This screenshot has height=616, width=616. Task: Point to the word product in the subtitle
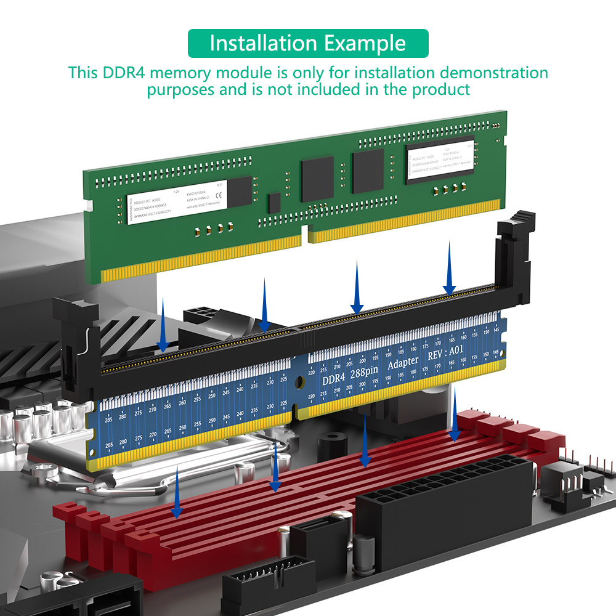(x=441, y=89)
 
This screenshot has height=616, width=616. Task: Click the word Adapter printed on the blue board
(x=403, y=362)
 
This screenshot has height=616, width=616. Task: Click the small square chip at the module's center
(x=274, y=203)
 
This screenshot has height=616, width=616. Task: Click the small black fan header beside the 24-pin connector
(x=564, y=484)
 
